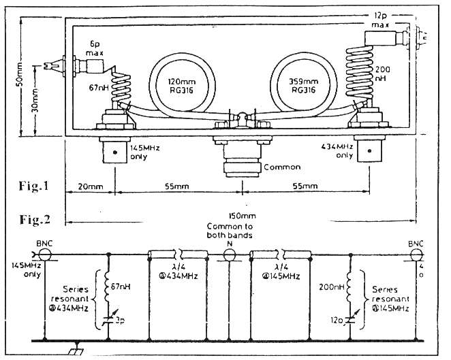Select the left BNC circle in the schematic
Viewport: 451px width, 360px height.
(46, 257)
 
